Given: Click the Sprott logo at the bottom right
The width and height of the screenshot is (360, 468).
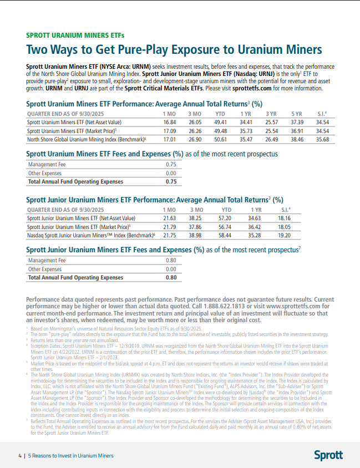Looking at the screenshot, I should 328,455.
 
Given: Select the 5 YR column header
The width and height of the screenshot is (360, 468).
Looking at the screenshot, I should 296,113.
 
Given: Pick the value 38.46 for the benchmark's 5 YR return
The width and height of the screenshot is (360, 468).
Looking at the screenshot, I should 296,140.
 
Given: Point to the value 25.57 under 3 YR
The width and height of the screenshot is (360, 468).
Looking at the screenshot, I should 271,122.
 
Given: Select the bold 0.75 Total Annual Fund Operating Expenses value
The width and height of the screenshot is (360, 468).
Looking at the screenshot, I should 171,181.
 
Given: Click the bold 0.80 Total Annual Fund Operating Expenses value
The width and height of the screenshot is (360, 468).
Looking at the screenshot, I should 171,277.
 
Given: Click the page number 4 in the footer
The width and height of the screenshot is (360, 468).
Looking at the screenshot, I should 19,455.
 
